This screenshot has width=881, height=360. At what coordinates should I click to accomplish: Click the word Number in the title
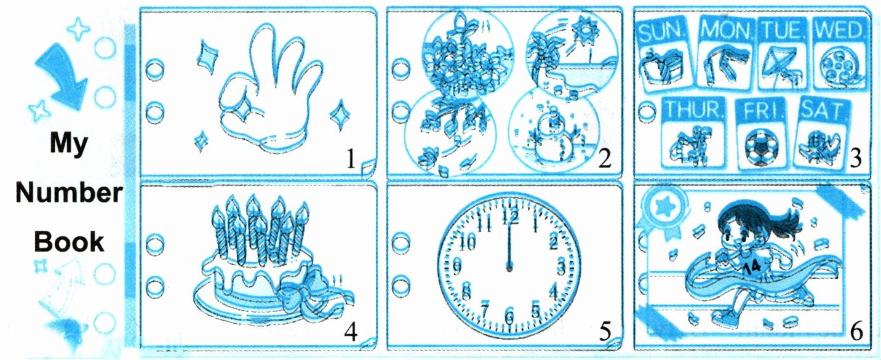pos(69,193)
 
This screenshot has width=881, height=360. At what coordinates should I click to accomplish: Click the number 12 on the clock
pos(510,217)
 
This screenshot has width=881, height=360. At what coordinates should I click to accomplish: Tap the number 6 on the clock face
pos(510,316)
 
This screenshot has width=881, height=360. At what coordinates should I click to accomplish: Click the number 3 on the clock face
pos(561,268)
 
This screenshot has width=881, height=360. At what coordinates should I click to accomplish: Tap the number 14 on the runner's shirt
pos(752,267)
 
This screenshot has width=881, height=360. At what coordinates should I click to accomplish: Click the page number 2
pos(605,159)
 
